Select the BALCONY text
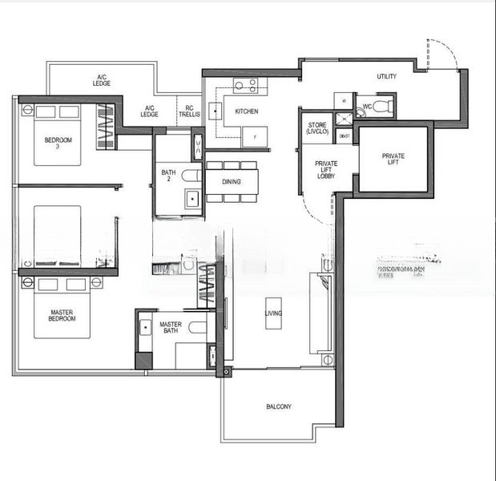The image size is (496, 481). click(x=279, y=407)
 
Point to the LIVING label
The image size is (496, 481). click(x=273, y=313)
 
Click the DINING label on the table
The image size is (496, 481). click(x=232, y=182)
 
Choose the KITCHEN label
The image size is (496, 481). click(x=247, y=111)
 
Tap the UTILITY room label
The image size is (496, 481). click(x=388, y=77)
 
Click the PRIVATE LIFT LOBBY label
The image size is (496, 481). click(x=326, y=169)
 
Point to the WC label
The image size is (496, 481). click(x=366, y=106)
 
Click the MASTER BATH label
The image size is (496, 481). click(x=170, y=328)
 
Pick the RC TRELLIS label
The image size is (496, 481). click(x=188, y=111)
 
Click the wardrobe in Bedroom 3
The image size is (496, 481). click(x=105, y=127)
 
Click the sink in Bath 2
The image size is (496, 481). click(x=192, y=199)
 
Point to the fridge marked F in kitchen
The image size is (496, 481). click(x=254, y=137)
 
